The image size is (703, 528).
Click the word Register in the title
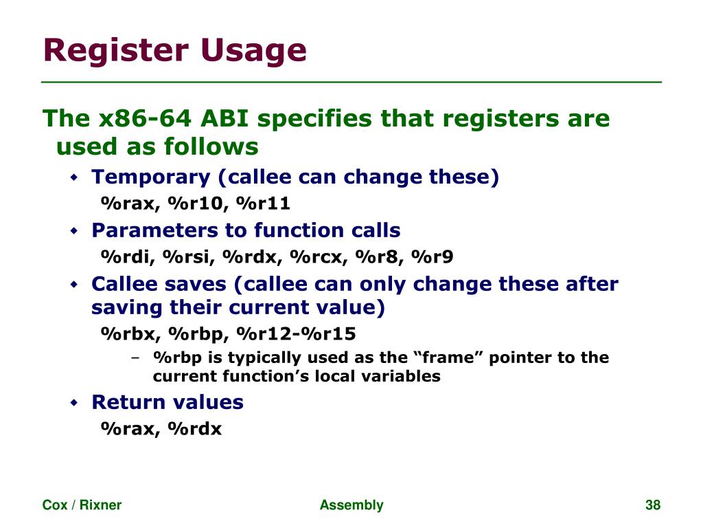(116, 51)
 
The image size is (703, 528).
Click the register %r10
(196, 203)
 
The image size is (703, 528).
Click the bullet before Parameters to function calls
(76, 231)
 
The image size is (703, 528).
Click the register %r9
(433, 257)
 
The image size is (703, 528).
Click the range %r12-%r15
(296, 334)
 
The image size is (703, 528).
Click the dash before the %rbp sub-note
(136, 358)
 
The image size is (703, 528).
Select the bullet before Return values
(76, 403)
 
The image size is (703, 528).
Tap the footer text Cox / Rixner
(82, 505)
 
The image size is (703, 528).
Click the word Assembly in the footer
(351, 505)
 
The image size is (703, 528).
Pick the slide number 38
(652, 505)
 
